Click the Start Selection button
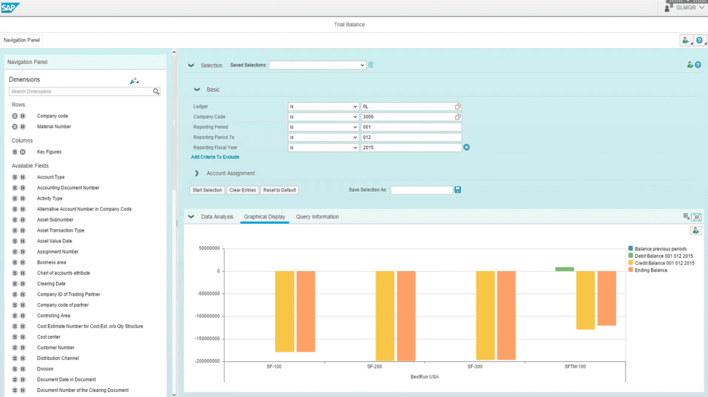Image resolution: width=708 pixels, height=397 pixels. coord(207,190)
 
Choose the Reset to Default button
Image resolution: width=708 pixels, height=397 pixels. coord(279,190)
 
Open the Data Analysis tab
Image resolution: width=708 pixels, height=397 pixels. coord(217,216)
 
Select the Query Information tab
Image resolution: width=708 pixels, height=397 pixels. coord(317,216)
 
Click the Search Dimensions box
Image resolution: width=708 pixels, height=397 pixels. coord(80,92)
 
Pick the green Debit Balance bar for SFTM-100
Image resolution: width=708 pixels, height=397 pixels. coord(564,269)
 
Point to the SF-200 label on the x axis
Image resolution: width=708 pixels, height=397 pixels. coord(375,366)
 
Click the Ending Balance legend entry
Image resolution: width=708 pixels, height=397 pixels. coord(650,270)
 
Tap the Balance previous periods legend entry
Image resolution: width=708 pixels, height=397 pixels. coord(660,248)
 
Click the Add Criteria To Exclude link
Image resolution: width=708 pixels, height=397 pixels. coord(215,157)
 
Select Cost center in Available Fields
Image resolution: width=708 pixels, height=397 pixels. coord(48,337)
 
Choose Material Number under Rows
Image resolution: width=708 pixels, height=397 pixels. coord(54,127)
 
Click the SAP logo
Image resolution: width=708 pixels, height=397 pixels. coord(11,7)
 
